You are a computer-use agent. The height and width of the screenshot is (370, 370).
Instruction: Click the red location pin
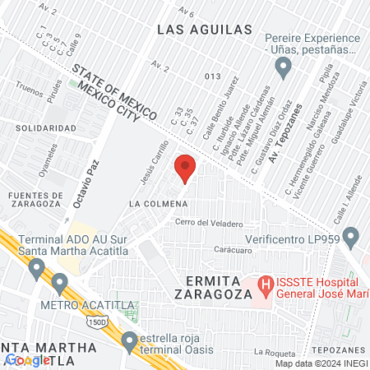pyautogui.click(x=186, y=169)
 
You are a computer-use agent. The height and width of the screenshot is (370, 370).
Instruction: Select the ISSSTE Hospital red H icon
pyautogui.click(x=266, y=286)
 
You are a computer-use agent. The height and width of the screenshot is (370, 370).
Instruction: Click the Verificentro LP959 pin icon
pyautogui.click(x=351, y=238)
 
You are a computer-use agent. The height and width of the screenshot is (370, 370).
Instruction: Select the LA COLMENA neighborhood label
pyautogui.click(x=156, y=201)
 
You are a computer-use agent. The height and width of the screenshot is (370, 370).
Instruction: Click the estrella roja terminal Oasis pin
pyautogui.click(x=129, y=340)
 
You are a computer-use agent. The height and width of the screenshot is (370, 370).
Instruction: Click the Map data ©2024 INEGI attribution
pyautogui.click(x=321, y=363)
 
